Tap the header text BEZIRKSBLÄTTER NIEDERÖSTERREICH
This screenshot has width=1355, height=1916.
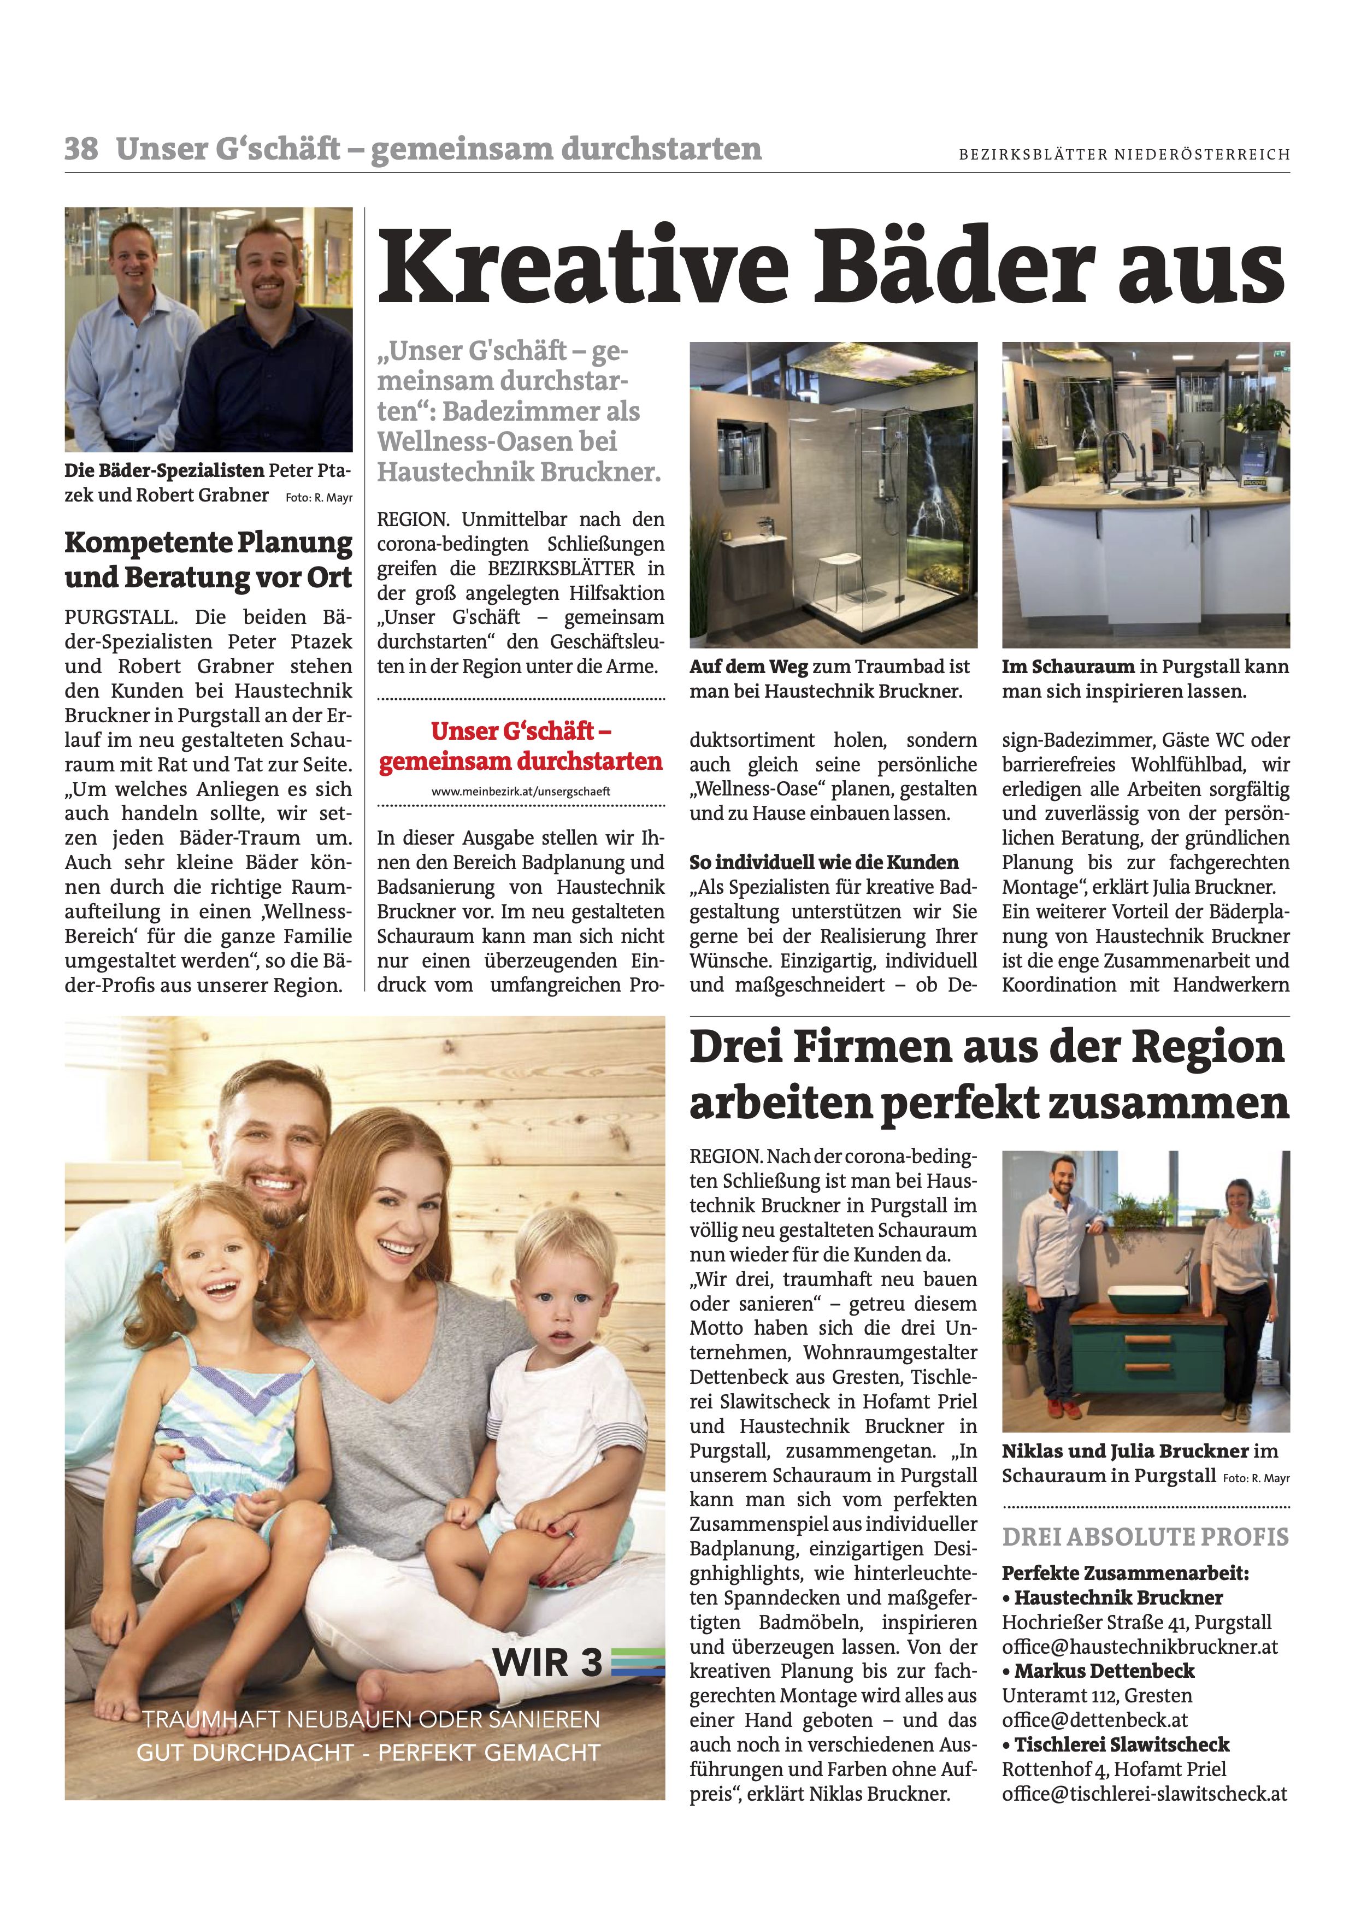pyautogui.click(x=1124, y=155)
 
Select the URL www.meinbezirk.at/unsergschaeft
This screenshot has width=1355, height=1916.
pyautogui.click(x=521, y=791)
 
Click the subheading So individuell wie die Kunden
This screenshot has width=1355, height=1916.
pyautogui.click(x=823, y=862)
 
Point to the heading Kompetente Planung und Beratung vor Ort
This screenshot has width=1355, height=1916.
pyautogui.click(x=209, y=560)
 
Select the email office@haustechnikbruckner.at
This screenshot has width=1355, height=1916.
pyautogui.click(x=1140, y=1647)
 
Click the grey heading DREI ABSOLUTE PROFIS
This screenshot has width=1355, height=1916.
pyautogui.click(x=1145, y=1537)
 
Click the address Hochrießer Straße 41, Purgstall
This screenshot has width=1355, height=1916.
pyautogui.click(x=1136, y=1623)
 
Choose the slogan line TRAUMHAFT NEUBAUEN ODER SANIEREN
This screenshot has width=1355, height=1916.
pyautogui.click(x=372, y=1720)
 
